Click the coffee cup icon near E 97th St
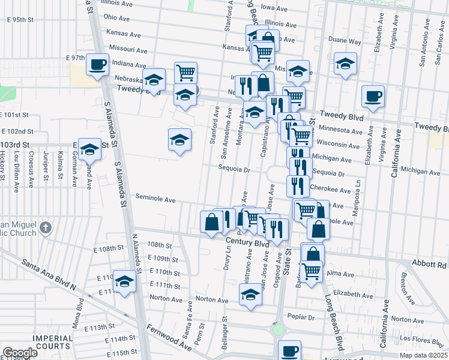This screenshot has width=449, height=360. coord(97,64)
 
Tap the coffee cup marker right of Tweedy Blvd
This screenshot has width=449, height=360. coord(373,96)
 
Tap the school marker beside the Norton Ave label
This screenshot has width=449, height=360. coord(250,295)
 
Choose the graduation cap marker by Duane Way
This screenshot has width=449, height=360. coord(346,64)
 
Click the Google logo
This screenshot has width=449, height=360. coord(20,353)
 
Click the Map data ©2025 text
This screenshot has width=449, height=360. coord(424,355)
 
